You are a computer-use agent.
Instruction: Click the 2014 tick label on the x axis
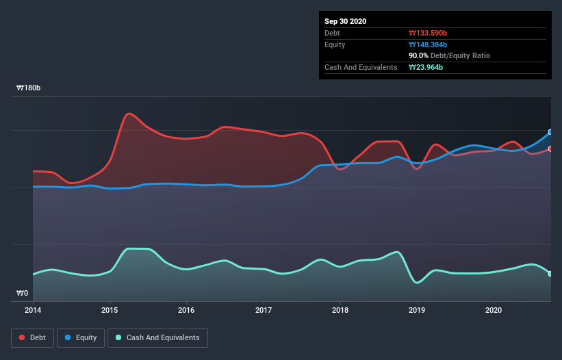(33, 310)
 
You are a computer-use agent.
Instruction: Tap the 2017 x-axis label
(264, 310)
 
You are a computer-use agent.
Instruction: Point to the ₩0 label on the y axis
(23, 294)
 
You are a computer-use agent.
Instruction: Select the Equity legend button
(81, 337)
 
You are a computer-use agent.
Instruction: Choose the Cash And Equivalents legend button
(157, 337)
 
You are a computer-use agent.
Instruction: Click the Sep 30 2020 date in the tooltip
(345, 21)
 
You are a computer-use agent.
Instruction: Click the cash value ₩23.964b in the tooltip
(426, 67)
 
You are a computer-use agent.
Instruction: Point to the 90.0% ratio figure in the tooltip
(419, 55)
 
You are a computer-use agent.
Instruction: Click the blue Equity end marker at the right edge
(550, 132)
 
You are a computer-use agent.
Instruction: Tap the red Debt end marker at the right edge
(550, 149)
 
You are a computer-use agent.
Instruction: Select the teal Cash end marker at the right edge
(550, 274)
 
